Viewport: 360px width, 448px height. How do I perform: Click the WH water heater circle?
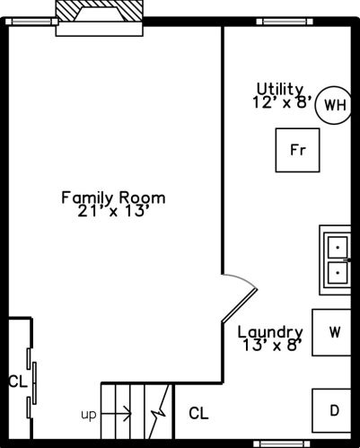[x=333, y=105]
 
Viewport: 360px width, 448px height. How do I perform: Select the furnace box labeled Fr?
[x=297, y=150]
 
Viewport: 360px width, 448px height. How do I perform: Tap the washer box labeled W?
[x=331, y=332]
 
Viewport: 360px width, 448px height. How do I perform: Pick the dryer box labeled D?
[x=331, y=410]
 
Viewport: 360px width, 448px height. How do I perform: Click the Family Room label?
[x=113, y=198]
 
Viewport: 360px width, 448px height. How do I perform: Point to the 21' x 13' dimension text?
[x=113, y=211]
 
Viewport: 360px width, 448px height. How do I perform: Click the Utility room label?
[x=280, y=89]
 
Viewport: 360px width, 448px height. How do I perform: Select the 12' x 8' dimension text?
[x=282, y=102]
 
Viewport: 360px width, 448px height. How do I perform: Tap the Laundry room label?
[x=270, y=332]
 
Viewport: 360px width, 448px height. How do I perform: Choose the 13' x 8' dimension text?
[x=272, y=346]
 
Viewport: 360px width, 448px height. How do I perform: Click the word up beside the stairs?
[x=89, y=415]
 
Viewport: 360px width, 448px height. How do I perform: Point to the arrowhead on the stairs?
[x=128, y=414]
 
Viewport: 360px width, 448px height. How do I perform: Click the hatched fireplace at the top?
[x=100, y=11]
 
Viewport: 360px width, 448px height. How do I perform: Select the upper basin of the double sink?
[x=338, y=248]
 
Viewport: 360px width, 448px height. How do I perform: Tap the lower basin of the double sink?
[x=338, y=273]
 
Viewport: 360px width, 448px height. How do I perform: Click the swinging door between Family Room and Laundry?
[x=240, y=305]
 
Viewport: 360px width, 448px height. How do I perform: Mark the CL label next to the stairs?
[x=198, y=413]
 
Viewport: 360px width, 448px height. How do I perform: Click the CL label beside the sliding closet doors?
[x=18, y=382]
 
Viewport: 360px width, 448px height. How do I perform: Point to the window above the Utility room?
[x=285, y=22]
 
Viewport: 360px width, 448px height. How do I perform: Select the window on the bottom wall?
[x=282, y=444]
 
